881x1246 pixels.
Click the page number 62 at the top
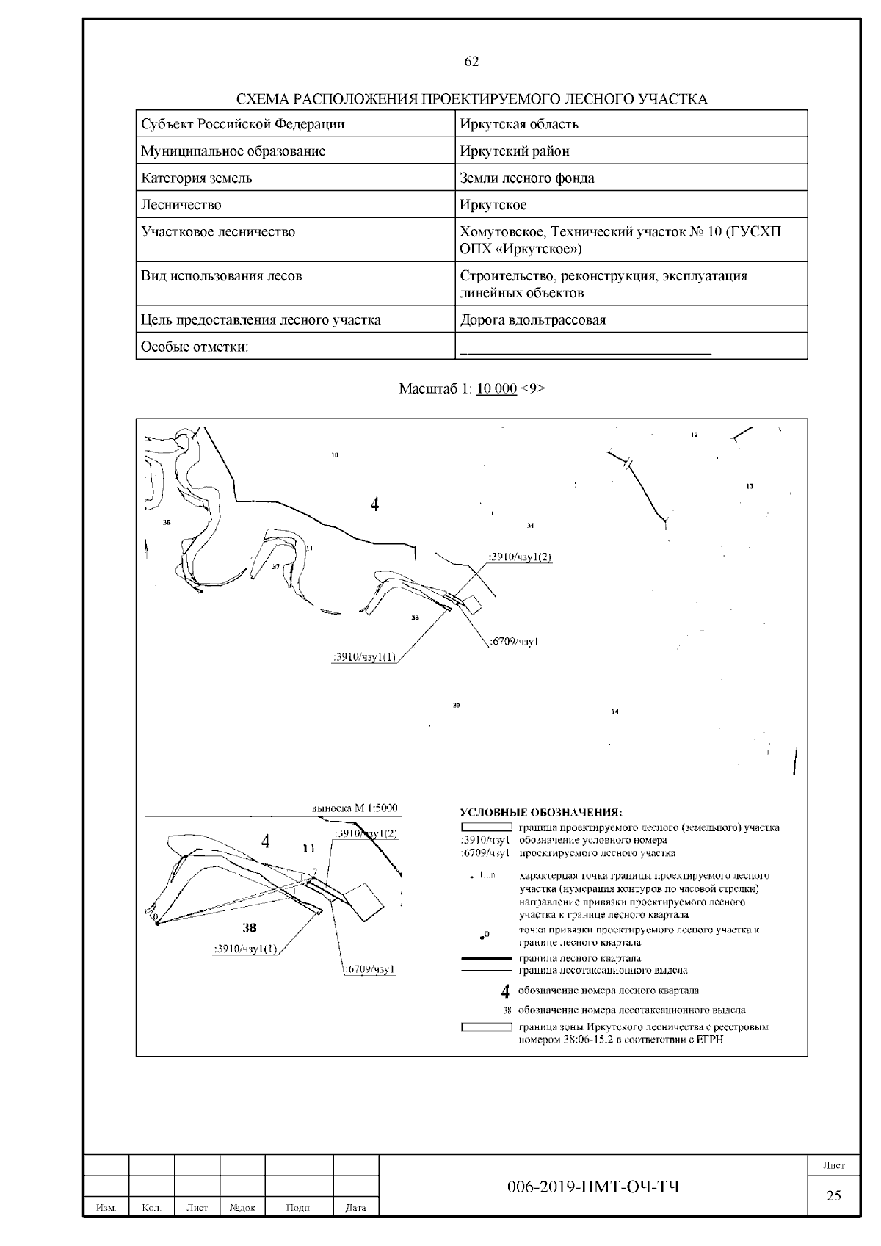click(471, 62)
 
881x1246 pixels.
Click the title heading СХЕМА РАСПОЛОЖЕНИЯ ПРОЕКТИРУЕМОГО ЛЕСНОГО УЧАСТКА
click(471, 99)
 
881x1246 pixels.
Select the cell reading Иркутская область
click(518, 124)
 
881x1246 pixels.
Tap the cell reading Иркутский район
click(514, 151)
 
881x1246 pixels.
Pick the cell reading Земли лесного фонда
click(526, 178)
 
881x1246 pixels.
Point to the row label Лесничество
click(181, 205)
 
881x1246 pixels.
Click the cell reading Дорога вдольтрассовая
click(532, 320)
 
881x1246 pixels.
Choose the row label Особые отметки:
click(195, 347)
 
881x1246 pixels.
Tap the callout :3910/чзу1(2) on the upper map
click(520, 557)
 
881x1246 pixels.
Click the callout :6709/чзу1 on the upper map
click(515, 642)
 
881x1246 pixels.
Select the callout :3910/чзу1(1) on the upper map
click(364, 658)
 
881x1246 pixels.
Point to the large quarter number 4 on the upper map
click(375, 504)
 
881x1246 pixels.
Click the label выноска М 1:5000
click(355, 808)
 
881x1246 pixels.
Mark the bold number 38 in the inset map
click(250, 928)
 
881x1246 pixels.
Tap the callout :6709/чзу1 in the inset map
click(370, 969)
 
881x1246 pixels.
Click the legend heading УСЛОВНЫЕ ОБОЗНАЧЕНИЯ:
click(540, 812)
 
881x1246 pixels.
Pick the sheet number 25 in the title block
click(833, 1195)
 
